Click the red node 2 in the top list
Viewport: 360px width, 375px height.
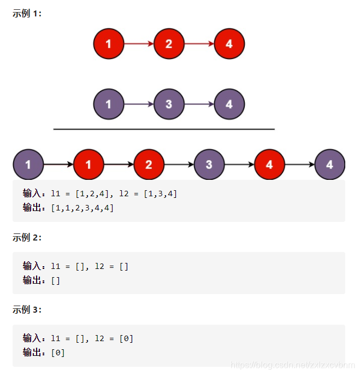pyautogui.click(x=169, y=44)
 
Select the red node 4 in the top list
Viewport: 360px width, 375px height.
pyautogui.click(x=229, y=44)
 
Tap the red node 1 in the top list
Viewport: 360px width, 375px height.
pyautogui.click(x=108, y=44)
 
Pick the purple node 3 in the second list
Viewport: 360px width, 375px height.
pyautogui.click(x=169, y=104)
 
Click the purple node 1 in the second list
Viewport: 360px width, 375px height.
pyautogui.click(x=108, y=104)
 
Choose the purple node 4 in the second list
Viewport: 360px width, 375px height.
pyautogui.click(x=229, y=104)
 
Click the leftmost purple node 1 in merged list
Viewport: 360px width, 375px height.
pyautogui.click(x=28, y=164)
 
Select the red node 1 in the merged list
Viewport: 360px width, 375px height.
pyautogui.click(x=88, y=164)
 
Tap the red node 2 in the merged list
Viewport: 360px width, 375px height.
pyautogui.click(x=149, y=164)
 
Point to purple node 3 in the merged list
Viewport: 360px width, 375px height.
pyautogui.click(x=209, y=164)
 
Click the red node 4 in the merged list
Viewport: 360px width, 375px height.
pyautogui.click(x=269, y=164)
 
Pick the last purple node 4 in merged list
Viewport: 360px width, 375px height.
pyautogui.click(x=330, y=164)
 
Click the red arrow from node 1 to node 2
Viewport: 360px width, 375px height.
pyautogui.click(x=139, y=44)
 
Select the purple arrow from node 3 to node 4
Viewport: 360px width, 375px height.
pyautogui.click(x=199, y=104)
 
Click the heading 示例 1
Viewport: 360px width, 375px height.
pyautogui.click(x=27, y=14)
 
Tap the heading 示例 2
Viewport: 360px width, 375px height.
pyautogui.click(x=27, y=237)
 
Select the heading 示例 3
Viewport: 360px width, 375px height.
pyautogui.click(x=27, y=310)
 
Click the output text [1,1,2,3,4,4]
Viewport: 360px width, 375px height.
pyautogui.click(x=82, y=208)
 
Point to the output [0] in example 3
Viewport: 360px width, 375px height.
pyautogui.click(x=57, y=353)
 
